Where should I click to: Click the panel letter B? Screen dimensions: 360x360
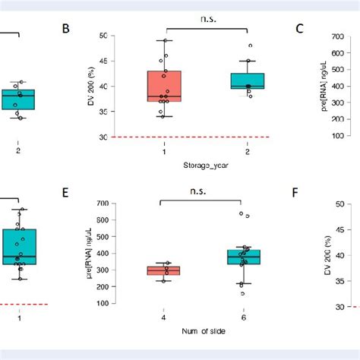click(66, 29)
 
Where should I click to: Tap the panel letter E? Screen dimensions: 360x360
click(66, 193)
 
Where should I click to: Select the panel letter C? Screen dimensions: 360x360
click(300, 29)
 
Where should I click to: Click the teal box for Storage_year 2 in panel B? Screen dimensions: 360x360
click(248, 81)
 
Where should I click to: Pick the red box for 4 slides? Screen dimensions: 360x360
click(163, 270)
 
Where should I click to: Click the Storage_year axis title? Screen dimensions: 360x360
click(206, 165)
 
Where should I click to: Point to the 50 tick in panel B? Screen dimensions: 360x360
click(123, 36)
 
